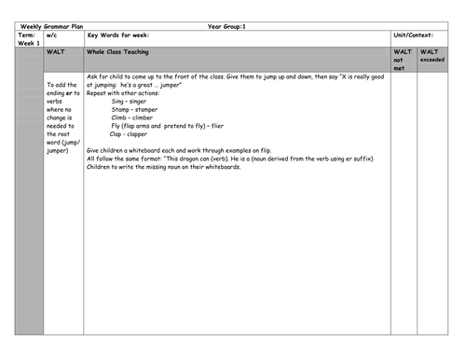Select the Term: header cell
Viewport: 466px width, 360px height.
(x=28, y=35)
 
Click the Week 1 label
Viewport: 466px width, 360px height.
(x=30, y=43)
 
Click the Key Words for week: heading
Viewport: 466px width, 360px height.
(x=118, y=35)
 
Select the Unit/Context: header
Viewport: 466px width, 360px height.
(x=415, y=35)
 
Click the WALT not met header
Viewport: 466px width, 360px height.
(x=402, y=61)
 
